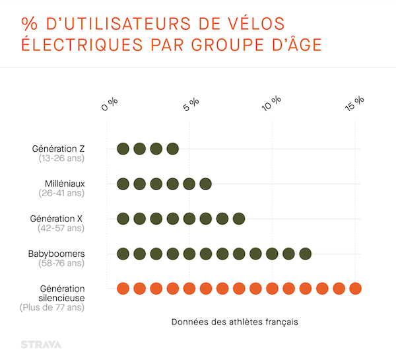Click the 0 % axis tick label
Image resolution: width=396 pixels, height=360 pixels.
point(110,104)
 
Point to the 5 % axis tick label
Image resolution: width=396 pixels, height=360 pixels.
point(191,104)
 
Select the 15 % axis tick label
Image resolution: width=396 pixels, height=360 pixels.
point(354,104)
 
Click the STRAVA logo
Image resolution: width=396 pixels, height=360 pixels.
point(40,344)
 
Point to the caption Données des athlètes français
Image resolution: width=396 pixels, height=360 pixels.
point(234,322)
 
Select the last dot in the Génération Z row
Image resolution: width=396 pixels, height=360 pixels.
point(172,149)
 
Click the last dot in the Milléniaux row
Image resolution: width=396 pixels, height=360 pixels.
point(205,184)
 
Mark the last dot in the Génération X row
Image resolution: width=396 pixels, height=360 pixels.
point(239,219)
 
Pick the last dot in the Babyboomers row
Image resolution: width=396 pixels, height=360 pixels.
point(305,254)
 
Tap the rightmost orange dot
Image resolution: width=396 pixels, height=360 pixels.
point(355,289)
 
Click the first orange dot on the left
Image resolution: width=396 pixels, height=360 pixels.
point(123,289)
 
